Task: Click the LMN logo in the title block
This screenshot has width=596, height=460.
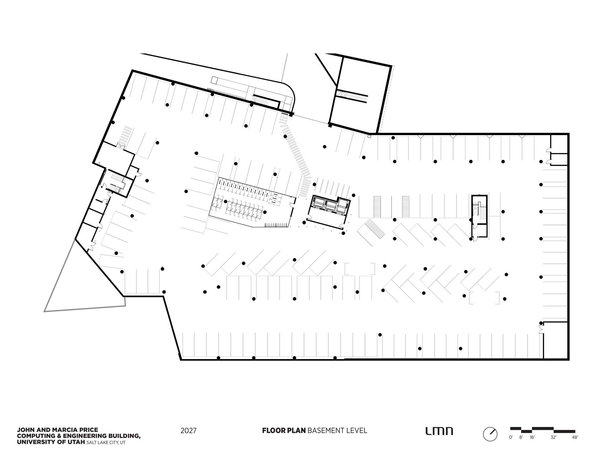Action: pos(439,431)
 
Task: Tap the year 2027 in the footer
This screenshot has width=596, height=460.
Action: pos(188,431)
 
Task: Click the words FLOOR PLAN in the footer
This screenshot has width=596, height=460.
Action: pos(284,431)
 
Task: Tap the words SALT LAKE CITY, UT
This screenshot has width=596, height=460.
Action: pos(106,443)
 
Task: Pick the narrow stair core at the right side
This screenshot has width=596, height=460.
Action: pos(479,216)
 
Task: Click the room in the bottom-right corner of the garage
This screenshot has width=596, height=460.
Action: pos(555,340)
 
